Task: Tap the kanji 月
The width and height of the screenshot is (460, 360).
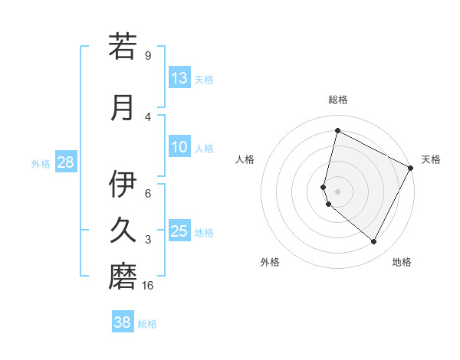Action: pyautogui.click(x=123, y=106)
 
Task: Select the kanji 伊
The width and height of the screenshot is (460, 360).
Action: pyautogui.click(x=123, y=184)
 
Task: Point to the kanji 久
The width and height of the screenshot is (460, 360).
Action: pyautogui.click(x=123, y=230)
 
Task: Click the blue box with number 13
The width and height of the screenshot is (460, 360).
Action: pyautogui.click(x=179, y=78)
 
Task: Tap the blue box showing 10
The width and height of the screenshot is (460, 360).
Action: pyautogui.click(x=179, y=148)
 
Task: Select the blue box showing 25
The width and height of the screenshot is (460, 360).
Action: pyautogui.click(x=179, y=231)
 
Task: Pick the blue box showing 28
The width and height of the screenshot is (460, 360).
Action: pyautogui.click(x=65, y=162)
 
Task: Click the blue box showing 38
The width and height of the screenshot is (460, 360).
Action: pyautogui.click(x=123, y=322)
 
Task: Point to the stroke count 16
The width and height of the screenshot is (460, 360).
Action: pyautogui.click(x=149, y=286)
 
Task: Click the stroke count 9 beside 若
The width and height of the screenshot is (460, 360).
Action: pyautogui.click(x=147, y=55)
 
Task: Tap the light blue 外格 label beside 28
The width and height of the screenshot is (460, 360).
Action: pyautogui.click(x=41, y=164)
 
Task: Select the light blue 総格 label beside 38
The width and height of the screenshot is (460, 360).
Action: pyautogui.click(x=147, y=324)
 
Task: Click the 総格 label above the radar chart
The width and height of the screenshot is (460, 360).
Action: pyautogui.click(x=337, y=100)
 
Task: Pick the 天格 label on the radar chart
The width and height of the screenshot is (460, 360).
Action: pyautogui.click(x=431, y=159)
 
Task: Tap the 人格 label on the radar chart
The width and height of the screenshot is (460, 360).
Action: pyautogui.click(x=245, y=159)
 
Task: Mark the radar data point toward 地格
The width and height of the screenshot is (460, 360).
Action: pyautogui.click(x=374, y=242)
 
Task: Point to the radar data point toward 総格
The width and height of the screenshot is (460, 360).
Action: pyautogui.click(x=337, y=130)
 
